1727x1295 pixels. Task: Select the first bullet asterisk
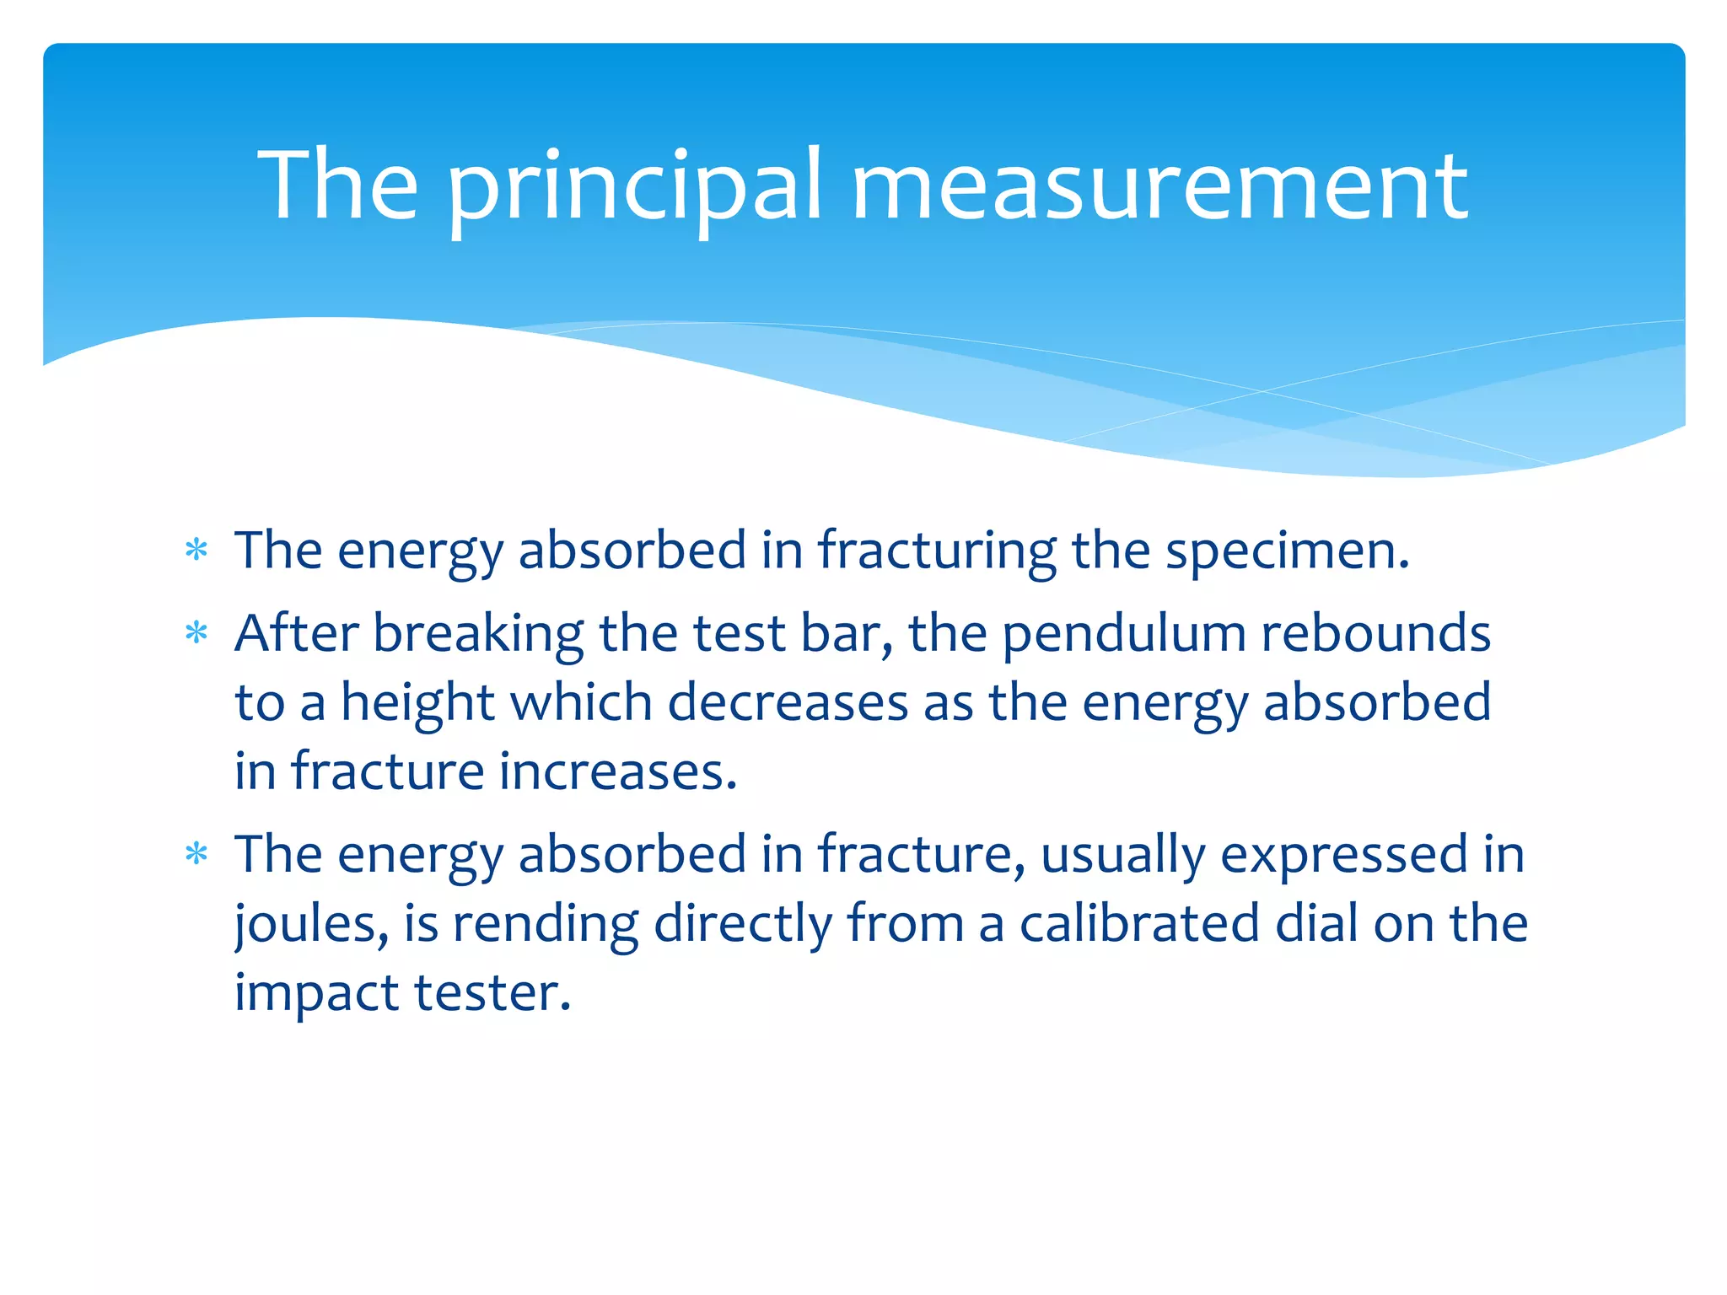(x=196, y=551)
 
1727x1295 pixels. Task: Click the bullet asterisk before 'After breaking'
(x=196, y=632)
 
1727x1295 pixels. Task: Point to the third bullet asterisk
(x=196, y=854)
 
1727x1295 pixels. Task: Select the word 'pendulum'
(x=1123, y=634)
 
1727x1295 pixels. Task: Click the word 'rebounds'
(x=1375, y=634)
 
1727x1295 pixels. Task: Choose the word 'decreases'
(x=788, y=703)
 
